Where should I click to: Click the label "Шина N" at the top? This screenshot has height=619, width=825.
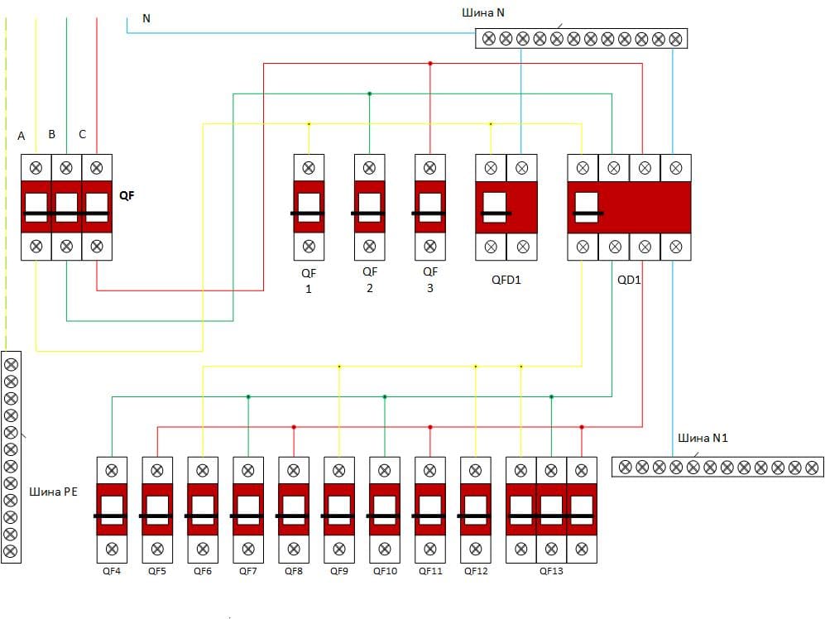[x=483, y=12]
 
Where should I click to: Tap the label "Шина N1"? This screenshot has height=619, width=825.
[x=703, y=438]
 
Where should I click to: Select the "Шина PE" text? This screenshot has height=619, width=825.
[x=54, y=492]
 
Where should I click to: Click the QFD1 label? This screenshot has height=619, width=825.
[x=506, y=280]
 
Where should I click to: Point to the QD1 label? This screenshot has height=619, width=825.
[x=629, y=280]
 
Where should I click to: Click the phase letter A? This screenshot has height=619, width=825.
[x=22, y=135]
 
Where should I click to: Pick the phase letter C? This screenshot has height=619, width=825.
[x=82, y=134]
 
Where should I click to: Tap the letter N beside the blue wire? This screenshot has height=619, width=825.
[x=146, y=18]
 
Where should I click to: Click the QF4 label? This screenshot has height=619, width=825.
[x=112, y=570]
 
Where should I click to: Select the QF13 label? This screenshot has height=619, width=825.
[x=551, y=570]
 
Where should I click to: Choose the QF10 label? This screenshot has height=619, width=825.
[x=385, y=570]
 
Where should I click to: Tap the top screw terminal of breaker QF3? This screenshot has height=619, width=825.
[x=429, y=168]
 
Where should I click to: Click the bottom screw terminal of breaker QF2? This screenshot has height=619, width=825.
[x=369, y=246]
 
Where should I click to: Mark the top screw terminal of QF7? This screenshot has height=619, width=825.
[x=248, y=470]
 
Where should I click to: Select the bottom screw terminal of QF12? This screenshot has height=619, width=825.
[x=475, y=548]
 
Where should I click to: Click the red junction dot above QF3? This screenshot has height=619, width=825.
[x=429, y=64]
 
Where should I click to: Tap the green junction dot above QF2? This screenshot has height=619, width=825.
[x=369, y=94]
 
